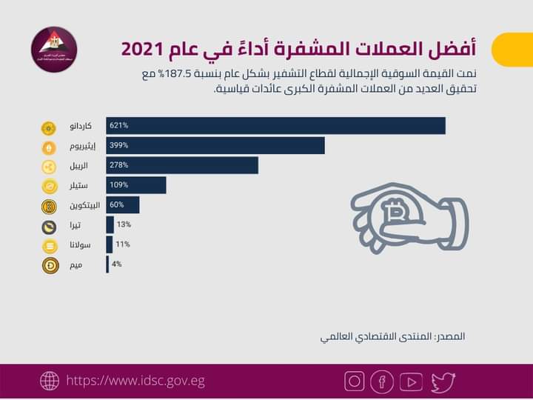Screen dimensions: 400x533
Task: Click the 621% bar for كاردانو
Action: (275, 126)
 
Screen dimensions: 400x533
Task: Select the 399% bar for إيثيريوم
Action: (215, 146)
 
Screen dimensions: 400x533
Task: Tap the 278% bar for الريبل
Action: (182, 165)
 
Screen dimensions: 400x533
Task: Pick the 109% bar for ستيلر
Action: (136, 185)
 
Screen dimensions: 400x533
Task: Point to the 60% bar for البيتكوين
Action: (123, 205)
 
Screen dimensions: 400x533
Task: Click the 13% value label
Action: (124, 224)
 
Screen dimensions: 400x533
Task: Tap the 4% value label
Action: (116, 264)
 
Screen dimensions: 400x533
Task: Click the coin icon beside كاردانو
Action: (50, 127)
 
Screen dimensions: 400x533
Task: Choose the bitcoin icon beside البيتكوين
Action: (50, 206)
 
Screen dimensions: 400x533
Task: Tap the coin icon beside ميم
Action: (50, 265)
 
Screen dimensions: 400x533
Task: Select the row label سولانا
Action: (82, 245)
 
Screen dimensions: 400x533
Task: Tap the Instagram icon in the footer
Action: (355, 381)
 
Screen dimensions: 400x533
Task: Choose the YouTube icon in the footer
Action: (411, 381)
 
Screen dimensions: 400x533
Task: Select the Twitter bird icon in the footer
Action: (443, 381)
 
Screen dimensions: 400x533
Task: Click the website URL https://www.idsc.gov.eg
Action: (135, 381)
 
